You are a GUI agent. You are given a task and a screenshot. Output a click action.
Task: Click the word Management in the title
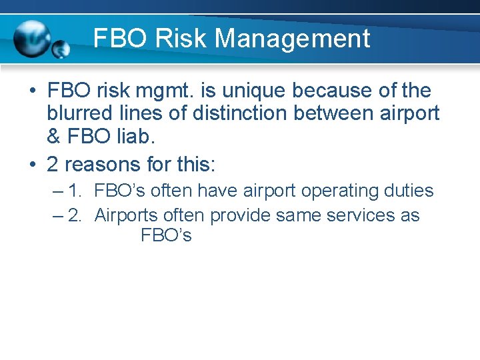click(293, 39)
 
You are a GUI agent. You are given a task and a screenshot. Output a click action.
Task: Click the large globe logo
click(32, 39)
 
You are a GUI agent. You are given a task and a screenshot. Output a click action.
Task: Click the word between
click(346, 113)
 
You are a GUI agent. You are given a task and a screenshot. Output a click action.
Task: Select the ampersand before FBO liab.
click(54, 137)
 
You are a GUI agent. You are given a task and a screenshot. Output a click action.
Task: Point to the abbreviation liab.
click(132, 137)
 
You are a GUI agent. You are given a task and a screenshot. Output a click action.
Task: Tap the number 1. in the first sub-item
click(76, 191)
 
